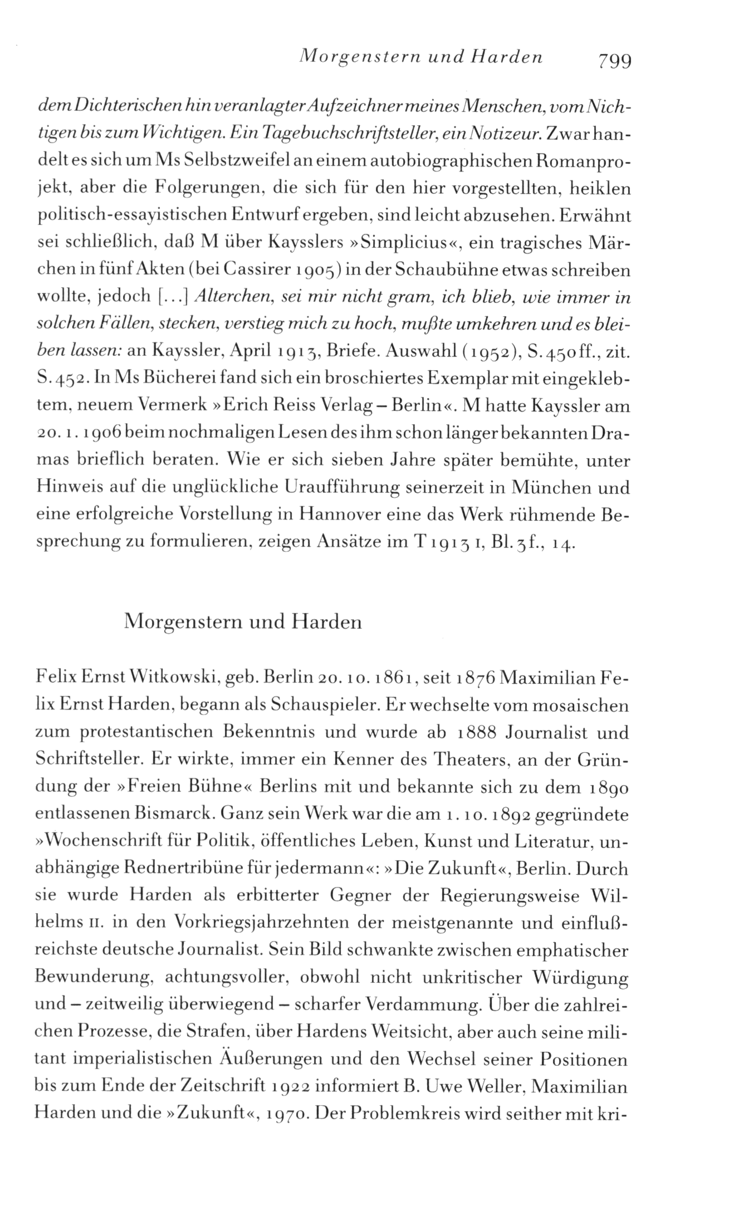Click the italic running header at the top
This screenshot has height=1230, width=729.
(x=420, y=56)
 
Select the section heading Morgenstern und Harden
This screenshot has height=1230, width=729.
(x=243, y=621)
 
